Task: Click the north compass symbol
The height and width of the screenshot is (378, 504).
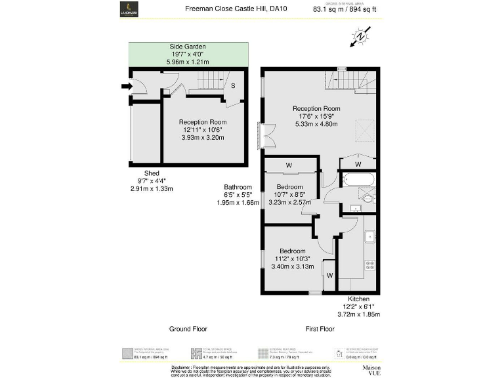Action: click(359, 35)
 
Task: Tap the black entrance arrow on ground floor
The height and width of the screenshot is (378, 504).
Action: click(125, 85)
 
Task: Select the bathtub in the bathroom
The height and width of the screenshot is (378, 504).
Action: click(358, 180)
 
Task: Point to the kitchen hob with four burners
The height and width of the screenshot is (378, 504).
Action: click(369, 265)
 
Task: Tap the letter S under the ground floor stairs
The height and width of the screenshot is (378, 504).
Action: click(233, 85)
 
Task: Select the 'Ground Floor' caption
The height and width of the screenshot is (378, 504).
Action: click(190, 329)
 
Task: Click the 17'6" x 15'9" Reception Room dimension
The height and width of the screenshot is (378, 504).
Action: click(316, 116)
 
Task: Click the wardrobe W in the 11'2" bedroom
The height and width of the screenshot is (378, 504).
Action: click(329, 275)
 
